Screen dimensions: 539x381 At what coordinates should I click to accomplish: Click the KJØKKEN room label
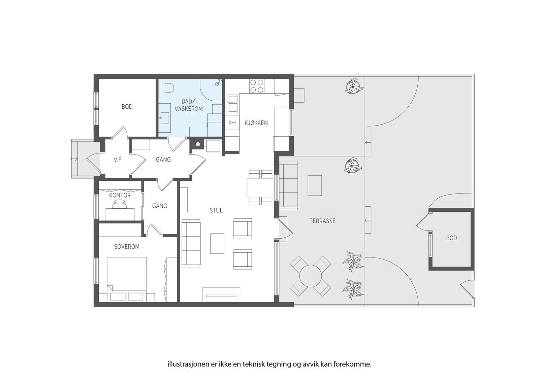click(x=256, y=123)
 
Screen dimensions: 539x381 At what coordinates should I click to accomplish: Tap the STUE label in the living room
click(x=216, y=210)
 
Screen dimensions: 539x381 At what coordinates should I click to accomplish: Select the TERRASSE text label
click(x=322, y=221)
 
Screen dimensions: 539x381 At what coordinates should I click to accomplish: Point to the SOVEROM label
click(x=127, y=247)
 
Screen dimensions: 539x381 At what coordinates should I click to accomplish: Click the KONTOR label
click(x=120, y=195)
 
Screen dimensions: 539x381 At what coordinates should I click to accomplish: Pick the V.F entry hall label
click(x=118, y=160)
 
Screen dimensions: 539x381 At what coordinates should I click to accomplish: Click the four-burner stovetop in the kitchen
click(x=256, y=86)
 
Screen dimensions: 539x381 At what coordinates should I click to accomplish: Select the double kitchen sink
click(x=232, y=104)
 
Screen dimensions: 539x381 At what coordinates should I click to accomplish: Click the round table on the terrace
click(x=311, y=276)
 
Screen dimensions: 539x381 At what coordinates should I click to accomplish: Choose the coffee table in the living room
click(x=217, y=243)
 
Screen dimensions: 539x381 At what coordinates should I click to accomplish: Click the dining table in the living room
click(x=261, y=187)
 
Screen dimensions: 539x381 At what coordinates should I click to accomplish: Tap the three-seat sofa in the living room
click(x=191, y=243)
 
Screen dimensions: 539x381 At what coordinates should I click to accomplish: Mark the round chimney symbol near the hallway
click(x=197, y=144)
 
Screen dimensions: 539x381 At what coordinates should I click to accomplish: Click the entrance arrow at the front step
click(x=74, y=159)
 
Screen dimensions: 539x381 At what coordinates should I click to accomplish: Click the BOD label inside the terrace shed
click(x=451, y=238)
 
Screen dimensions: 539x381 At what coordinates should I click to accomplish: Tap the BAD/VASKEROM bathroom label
click(x=189, y=105)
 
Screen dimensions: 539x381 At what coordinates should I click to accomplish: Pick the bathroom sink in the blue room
click(x=165, y=117)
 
